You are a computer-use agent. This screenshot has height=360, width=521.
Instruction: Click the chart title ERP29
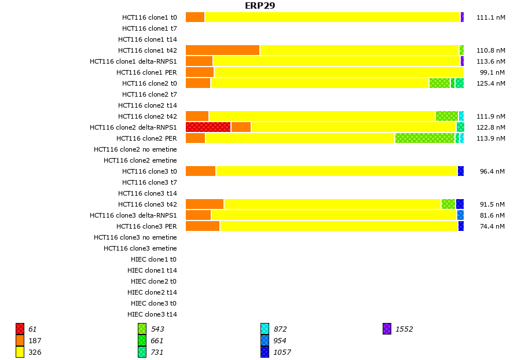260,6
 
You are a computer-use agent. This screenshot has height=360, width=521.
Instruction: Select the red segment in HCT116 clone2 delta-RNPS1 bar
208,127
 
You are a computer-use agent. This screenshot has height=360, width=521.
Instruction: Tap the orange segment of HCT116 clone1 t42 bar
222,50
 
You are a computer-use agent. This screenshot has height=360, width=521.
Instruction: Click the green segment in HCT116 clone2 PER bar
425,138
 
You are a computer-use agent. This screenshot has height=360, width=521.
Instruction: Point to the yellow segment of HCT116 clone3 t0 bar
336,171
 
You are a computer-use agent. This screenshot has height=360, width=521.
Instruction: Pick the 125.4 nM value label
490,83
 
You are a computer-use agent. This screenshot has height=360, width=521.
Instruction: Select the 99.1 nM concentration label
492,72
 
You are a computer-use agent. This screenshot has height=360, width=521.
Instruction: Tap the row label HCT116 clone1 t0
149,17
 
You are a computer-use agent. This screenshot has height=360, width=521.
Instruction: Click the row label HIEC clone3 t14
152,314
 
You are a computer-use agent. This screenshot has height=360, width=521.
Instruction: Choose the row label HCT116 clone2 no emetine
135,149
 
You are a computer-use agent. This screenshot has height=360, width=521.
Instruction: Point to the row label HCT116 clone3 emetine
140,248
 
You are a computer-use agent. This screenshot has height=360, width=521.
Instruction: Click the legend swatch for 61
20,329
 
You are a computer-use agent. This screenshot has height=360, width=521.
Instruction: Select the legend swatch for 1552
387,329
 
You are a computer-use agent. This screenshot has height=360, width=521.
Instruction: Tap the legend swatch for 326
20,352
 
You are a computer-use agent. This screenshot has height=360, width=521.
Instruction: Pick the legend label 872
280,329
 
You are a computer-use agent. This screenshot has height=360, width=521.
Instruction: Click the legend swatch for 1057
265,352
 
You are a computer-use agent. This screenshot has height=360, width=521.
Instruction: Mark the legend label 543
157,329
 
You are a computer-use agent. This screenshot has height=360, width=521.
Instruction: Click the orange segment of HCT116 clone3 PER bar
203,226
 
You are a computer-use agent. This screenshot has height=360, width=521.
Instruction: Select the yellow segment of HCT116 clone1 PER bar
339,72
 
